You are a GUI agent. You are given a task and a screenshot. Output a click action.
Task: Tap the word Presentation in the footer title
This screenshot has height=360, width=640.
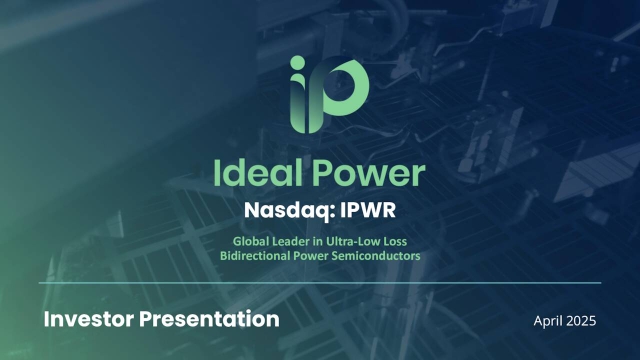[213, 320]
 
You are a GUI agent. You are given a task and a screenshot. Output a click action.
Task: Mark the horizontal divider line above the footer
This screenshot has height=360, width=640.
[320, 283]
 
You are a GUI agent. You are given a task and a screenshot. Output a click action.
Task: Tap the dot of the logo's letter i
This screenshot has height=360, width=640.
[298, 65]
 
